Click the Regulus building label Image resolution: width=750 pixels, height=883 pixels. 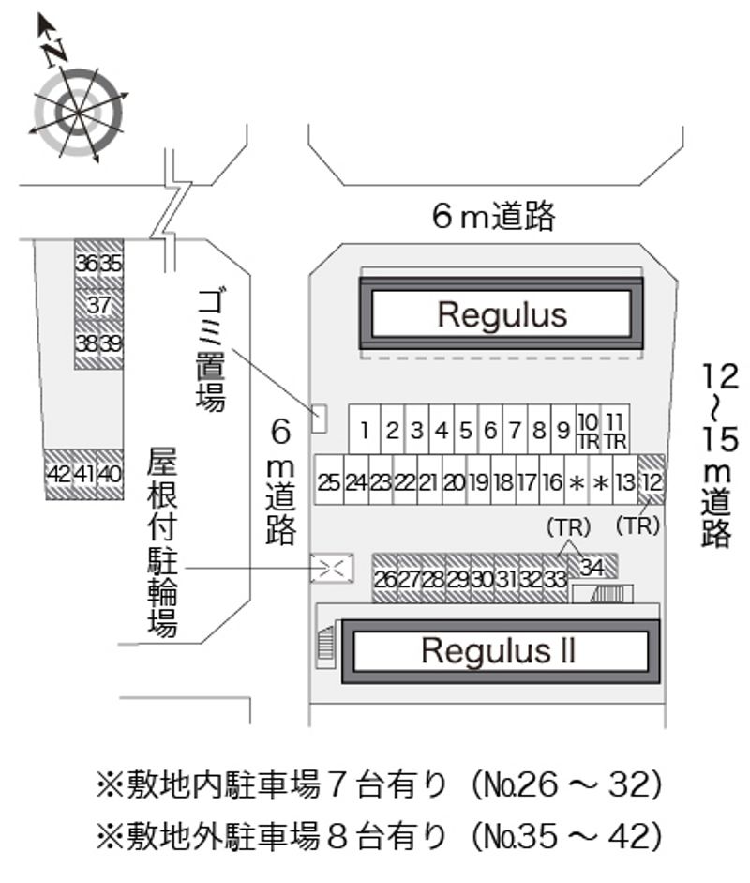[x=502, y=314]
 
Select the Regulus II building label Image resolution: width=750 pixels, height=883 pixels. [x=498, y=650]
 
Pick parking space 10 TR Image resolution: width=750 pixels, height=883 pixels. [x=588, y=430]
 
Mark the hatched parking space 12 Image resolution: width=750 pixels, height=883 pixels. [x=652, y=482]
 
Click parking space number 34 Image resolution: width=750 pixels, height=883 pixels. [x=592, y=567]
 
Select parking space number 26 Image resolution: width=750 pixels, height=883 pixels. [x=385, y=579]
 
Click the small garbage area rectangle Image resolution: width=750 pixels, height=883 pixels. [x=319, y=419]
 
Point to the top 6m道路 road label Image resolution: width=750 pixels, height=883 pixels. [x=493, y=217]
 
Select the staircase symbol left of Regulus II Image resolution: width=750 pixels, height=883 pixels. [x=326, y=647]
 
